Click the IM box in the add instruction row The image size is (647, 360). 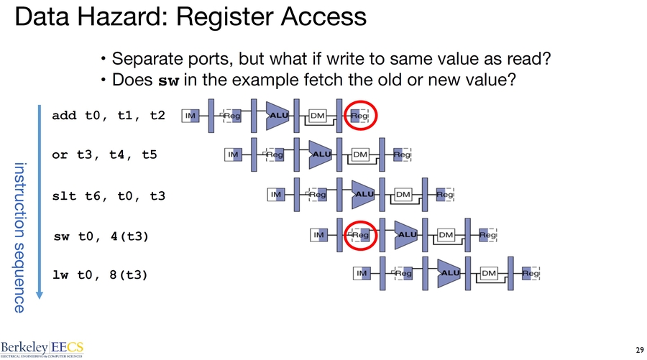tap(191, 115)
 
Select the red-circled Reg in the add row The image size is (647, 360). tap(359, 115)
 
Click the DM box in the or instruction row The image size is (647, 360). tap(360, 154)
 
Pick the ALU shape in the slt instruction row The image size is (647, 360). tap(364, 194)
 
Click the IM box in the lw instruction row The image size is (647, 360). tap(362, 273)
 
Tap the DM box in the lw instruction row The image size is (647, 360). tap(489, 273)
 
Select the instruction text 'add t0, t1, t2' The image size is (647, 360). tap(108, 115)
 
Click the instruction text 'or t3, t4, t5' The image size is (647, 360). tap(104, 154)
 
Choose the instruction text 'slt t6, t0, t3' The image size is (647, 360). tap(108, 195)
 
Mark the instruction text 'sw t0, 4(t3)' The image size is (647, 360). tap(102, 235)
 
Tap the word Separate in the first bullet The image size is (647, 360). tap(142, 58)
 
